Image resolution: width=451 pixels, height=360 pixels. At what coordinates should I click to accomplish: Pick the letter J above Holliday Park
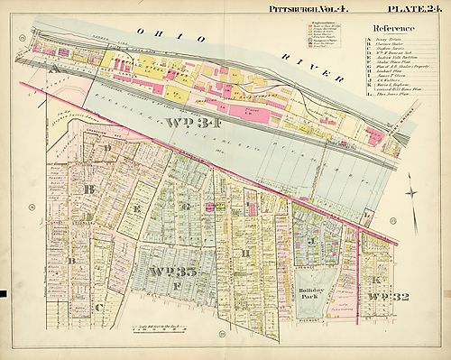pyautogui.click(x=310, y=241)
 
